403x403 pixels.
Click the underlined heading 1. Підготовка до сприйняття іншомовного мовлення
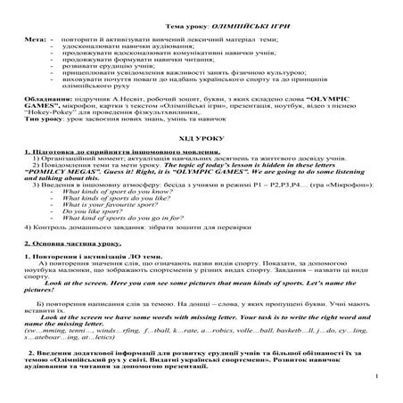coord(111,156)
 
